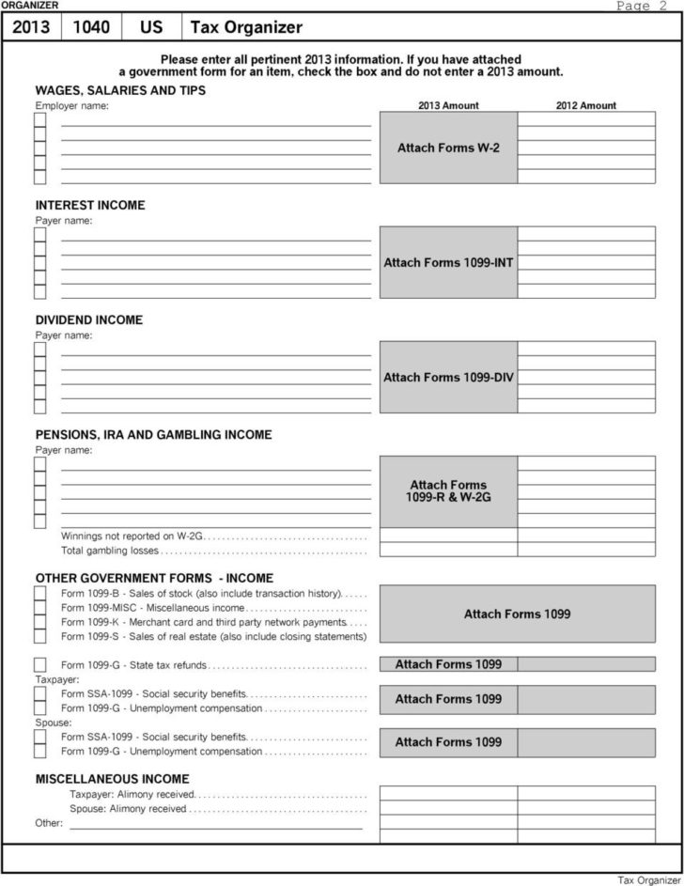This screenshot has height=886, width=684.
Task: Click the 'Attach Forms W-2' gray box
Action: [x=447, y=148]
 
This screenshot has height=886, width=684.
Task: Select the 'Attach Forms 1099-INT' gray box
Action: [x=447, y=262]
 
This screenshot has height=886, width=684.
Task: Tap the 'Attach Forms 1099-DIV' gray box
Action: [x=447, y=378]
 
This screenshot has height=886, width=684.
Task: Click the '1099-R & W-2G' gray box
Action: [x=447, y=491]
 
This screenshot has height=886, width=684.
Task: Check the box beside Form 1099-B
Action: [x=40, y=594]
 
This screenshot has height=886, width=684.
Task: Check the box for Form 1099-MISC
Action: [x=40, y=608]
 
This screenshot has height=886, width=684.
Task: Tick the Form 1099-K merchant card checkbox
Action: [x=40, y=622]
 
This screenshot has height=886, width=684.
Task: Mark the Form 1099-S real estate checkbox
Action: [x=40, y=636]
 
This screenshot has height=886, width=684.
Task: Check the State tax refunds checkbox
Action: [x=40, y=665]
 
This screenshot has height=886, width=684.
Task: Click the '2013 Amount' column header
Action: [x=447, y=106]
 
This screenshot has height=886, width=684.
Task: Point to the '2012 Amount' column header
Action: [x=586, y=106]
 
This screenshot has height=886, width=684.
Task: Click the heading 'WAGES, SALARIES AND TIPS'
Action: [x=120, y=90]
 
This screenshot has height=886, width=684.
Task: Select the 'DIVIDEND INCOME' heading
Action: [x=89, y=319]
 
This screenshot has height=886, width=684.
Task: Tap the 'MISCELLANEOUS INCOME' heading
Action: [x=112, y=779]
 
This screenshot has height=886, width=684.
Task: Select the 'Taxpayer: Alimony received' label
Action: [x=130, y=795]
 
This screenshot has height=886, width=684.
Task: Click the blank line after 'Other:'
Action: [x=216, y=827]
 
